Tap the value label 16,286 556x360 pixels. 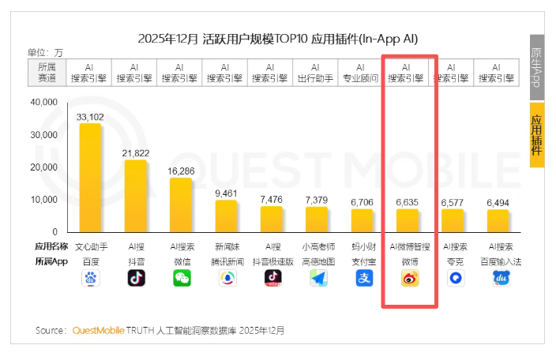click(181, 170)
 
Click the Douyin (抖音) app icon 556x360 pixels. click(136, 278)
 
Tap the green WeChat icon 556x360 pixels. click(182, 278)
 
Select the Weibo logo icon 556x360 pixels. click(408, 278)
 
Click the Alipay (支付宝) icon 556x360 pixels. click(363, 278)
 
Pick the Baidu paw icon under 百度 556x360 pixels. click(90, 278)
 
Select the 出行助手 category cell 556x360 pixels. click(316, 73)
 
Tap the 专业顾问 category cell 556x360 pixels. click(362, 73)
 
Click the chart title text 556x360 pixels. click(277, 38)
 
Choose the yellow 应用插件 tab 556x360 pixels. click(537, 134)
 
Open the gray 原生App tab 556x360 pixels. click(537, 67)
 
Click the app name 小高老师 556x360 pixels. click(317, 246)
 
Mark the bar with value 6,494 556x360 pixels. click(498, 221)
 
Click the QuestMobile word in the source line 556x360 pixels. click(98, 330)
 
